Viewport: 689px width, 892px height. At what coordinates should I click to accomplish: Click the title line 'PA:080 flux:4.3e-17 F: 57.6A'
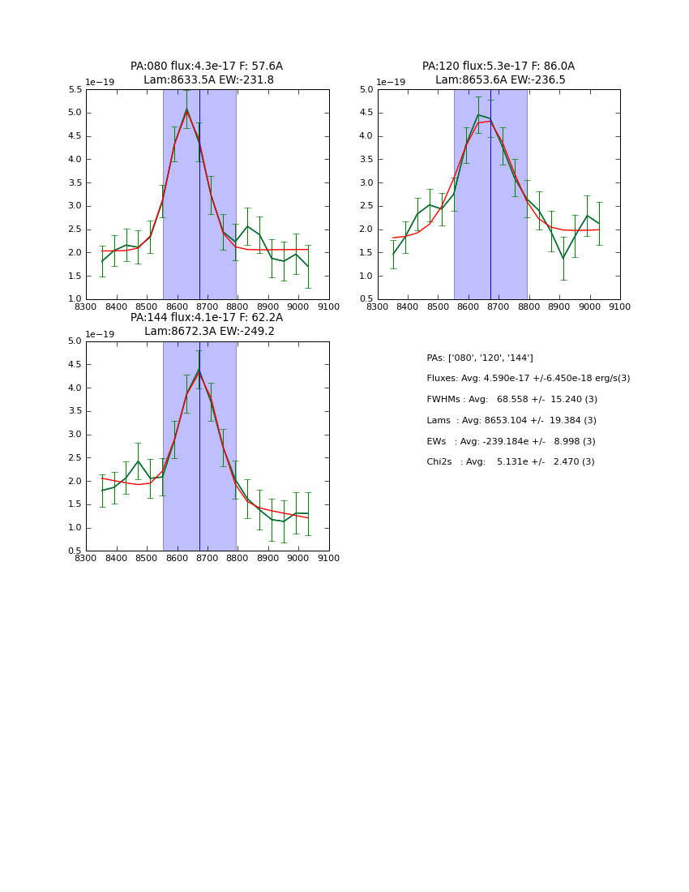tap(207, 66)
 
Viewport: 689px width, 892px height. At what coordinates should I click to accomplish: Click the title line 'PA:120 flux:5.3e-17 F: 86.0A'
tap(498, 66)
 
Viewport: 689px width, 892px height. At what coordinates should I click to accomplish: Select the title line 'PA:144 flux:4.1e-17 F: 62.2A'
tap(207, 318)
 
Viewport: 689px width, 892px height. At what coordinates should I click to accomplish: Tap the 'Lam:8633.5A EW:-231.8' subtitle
tap(208, 80)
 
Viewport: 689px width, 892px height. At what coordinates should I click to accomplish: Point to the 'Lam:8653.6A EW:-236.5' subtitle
tap(500, 80)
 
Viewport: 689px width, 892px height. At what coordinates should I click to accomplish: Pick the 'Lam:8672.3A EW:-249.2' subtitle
tap(209, 332)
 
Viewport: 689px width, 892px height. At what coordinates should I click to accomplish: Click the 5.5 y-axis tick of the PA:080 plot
tap(74, 90)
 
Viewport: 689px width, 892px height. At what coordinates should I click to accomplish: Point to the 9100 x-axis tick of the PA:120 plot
tap(620, 307)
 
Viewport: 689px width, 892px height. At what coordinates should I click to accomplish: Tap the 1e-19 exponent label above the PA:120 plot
tap(391, 82)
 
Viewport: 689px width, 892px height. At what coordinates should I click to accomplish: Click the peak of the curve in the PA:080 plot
tap(186, 109)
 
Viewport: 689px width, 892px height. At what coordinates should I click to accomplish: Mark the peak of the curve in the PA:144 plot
tap(199, 371)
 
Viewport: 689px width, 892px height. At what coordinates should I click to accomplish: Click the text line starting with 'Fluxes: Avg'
tap(528, 379)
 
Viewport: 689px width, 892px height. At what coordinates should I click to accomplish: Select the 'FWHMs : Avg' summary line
tap(511, 400)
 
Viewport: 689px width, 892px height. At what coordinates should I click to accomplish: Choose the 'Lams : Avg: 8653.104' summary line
tap(511, 421)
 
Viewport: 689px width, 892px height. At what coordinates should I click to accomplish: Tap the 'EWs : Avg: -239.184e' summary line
tap(511, 442)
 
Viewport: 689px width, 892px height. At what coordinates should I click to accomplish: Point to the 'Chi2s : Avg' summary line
tap(511, 462)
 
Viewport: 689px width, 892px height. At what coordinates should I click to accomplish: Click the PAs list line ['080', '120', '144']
tap(480, 358)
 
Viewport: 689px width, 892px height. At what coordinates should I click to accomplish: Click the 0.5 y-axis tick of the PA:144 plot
tap(74, 551)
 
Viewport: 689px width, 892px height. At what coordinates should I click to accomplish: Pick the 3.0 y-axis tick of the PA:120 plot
tap(366, 183)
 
